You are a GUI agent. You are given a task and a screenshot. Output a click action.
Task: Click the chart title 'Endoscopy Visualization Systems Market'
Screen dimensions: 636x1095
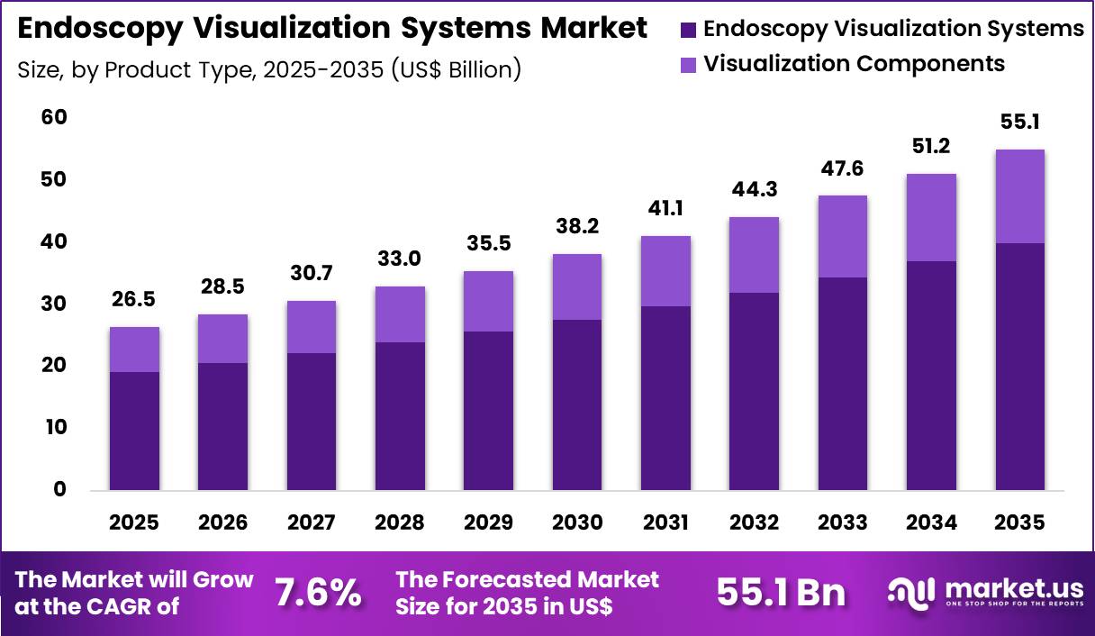332,29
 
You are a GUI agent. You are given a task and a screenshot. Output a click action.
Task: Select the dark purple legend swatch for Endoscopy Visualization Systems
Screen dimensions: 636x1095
689,29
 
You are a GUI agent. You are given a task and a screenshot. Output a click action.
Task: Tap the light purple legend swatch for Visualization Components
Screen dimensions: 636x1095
689,65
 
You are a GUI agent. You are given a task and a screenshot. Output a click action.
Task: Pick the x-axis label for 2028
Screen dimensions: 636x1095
400,522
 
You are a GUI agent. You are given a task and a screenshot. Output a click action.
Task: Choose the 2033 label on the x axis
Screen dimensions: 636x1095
842,522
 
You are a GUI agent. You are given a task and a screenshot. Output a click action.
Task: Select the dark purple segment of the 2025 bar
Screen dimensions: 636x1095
134,431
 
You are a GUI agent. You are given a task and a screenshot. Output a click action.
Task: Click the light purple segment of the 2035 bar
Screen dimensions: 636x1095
1019,195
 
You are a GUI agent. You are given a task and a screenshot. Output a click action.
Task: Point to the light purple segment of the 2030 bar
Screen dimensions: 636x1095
577,286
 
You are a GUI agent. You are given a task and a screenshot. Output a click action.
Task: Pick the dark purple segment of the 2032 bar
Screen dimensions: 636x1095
754,391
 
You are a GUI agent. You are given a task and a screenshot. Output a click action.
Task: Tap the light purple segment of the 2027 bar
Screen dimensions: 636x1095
312,326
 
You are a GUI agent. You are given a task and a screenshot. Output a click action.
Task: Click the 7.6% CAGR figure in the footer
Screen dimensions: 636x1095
318,593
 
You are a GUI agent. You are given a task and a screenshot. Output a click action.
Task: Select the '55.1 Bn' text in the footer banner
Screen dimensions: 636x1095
781,593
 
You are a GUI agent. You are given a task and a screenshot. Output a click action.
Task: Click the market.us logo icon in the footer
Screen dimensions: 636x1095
909,592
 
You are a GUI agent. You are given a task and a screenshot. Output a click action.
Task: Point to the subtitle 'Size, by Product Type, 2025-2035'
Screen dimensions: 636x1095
269,69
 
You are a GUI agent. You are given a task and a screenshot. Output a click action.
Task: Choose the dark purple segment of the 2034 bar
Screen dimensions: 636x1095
931,376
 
